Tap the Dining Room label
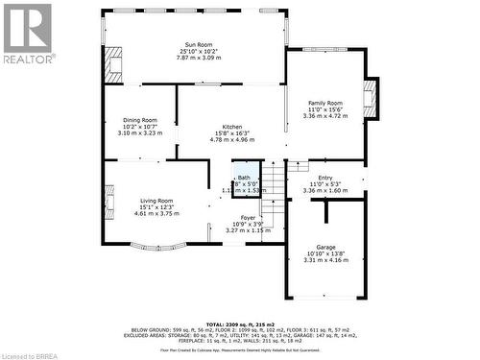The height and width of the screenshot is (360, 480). (140, 120)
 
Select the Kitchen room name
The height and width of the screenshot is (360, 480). (232, 127)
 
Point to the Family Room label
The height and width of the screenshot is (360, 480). (324, 103)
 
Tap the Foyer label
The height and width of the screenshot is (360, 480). (248, 218)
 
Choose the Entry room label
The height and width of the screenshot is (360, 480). (325, 178)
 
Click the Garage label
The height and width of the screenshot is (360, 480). (325, 247)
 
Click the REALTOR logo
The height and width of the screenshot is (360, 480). (27, 34)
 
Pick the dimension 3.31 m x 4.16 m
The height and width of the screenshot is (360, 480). (325, 260)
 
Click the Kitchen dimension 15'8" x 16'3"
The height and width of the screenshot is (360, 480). (232, 133)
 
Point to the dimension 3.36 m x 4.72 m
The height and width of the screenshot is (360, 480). (324, 116)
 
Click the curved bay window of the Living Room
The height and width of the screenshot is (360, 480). (156, 247)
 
